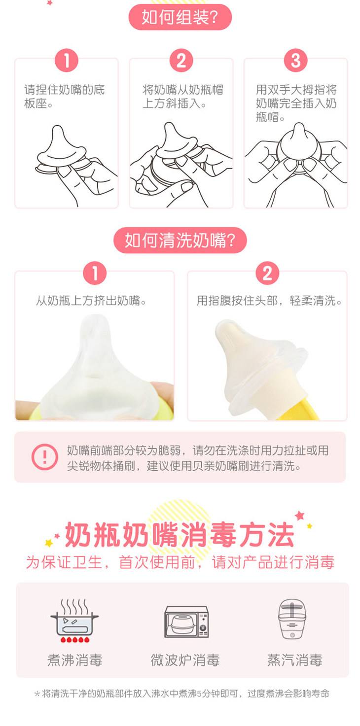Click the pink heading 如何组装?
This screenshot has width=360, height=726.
[x=180, y=17]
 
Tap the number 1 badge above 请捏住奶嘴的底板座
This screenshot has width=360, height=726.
[x=67, y=61]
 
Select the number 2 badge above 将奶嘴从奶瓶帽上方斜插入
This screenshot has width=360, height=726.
[x=181, y=61]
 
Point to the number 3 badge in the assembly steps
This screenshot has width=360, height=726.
[x=296, y=61]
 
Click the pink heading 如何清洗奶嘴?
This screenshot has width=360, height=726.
[x=180, y=240]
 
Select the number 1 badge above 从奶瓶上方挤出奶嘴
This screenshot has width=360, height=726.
[x=95, y=273]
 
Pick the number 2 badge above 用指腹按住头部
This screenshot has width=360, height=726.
[x=267, y=273]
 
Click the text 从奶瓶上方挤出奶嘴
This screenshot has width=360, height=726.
[x=91, y=301]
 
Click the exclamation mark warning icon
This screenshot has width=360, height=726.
[x=45, y=457]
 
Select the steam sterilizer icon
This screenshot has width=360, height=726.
[x=292, y=619]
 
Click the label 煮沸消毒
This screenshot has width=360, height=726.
[x=75, y=660]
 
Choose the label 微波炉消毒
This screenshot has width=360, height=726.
[x=185, y=660]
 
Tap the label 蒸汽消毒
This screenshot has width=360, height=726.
[x=295, y=660]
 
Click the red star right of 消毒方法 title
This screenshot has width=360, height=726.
[x=300, y=515]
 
